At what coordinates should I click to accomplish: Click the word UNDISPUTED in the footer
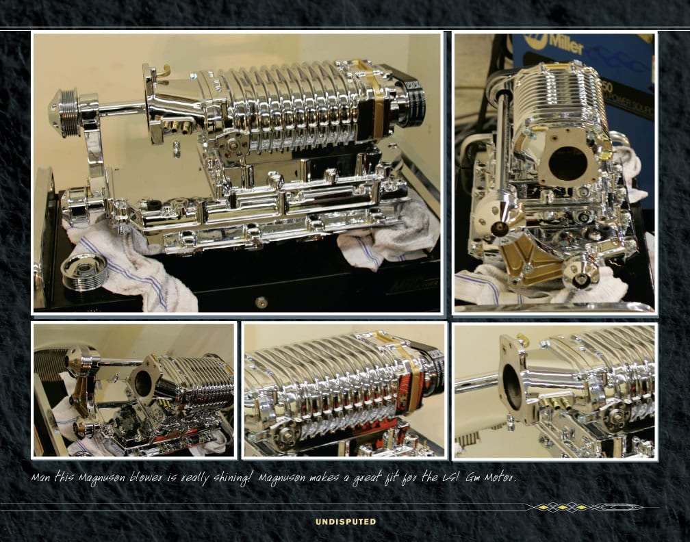[346, 521]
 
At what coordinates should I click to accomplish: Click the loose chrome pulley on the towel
[84, 271]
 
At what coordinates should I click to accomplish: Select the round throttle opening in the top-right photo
[567, 164]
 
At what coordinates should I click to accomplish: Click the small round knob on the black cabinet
[261, 302]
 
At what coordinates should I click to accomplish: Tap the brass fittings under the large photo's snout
[179, 127]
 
